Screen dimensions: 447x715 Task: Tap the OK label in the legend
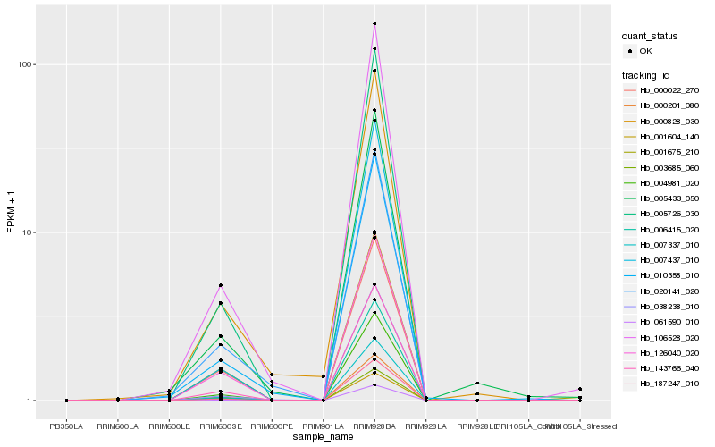click(645, 51)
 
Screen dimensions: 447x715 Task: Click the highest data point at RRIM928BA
click(374, 24)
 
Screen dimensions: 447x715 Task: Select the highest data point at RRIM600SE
click(220, 285)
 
